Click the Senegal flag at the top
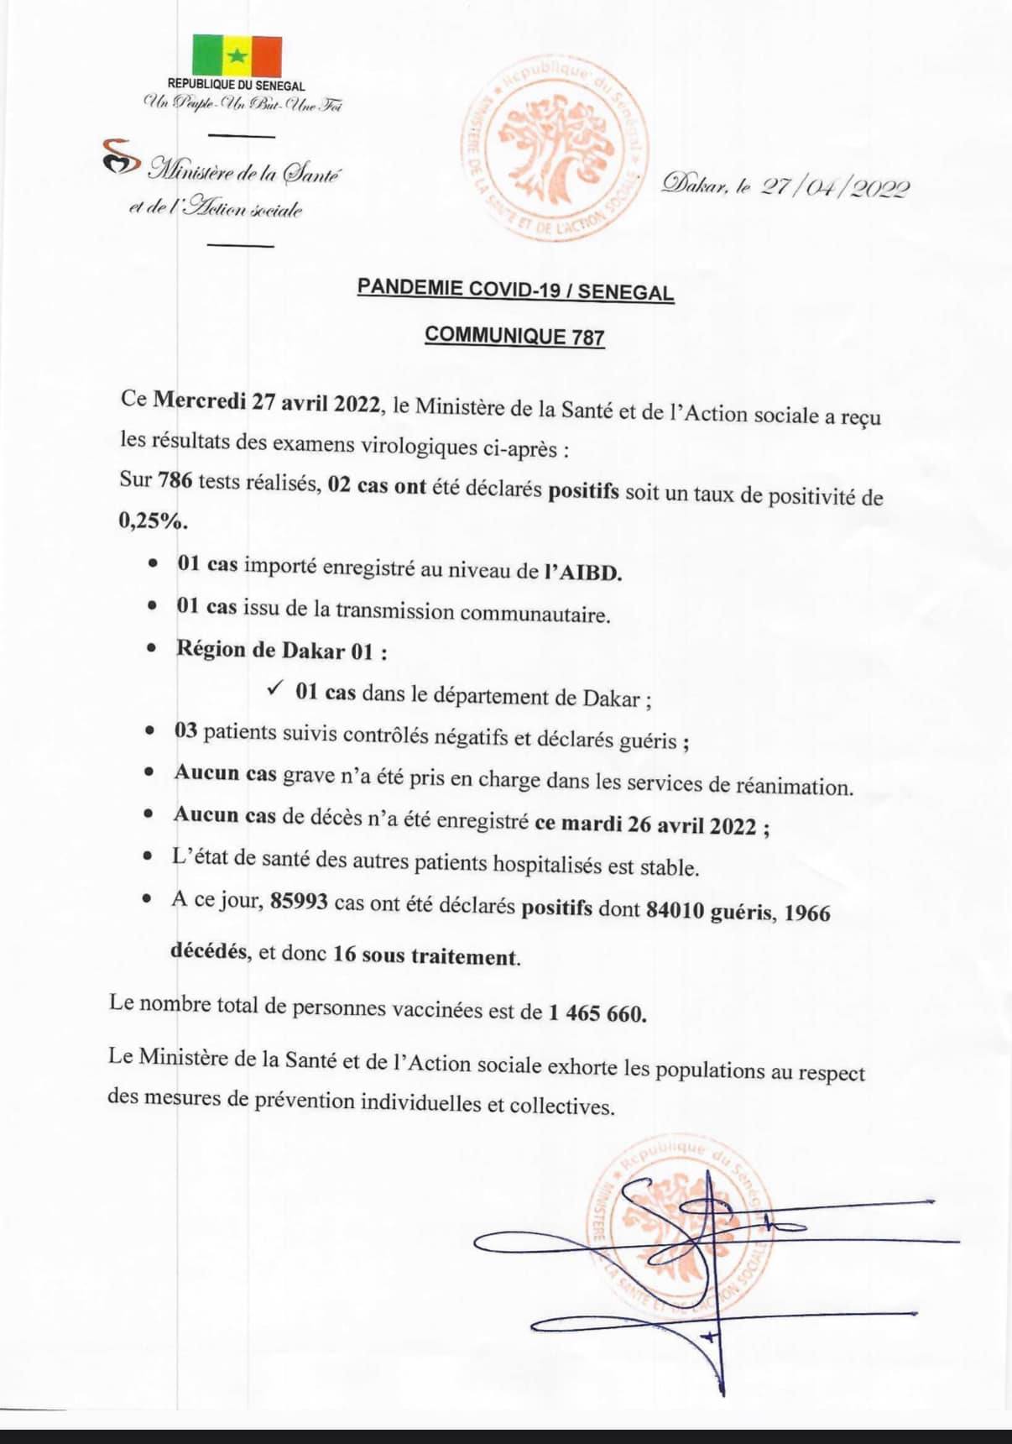click(x=237, y=55)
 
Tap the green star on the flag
click(x=237, y=55)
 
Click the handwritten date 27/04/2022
click(x=834, y=186)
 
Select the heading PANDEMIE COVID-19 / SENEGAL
click(x=515, y=290)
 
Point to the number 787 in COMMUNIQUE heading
click(x=588, y=337)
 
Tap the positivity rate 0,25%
click(x=152, y=521)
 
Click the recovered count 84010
click(x=675, y=910)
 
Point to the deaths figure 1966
click(x=806, y=913)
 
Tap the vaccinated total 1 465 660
click(x=597, y=1013)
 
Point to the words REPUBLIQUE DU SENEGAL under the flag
click(x=237, y=86)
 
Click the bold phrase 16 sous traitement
click(x=425, y=955)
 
